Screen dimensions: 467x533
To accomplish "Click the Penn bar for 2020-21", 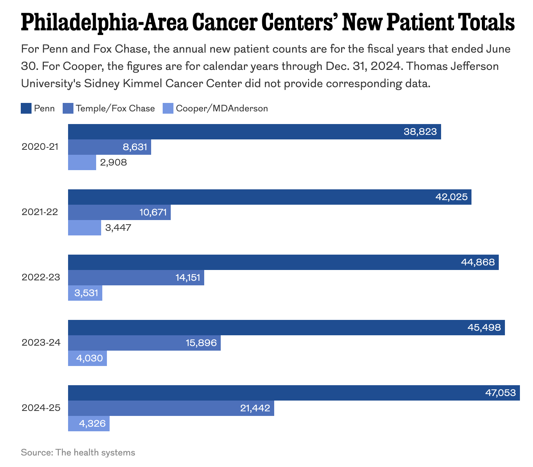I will (254, 132).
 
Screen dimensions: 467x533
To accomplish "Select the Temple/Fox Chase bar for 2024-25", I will (171, 408).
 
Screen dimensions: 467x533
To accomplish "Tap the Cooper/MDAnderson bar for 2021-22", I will (84, 228).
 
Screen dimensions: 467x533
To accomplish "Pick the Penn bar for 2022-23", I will (283, 262).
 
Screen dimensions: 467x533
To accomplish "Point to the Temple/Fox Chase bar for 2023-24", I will (144, 343).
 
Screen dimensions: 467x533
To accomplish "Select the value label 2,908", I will (113, 162).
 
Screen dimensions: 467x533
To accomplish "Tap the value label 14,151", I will (188, 278).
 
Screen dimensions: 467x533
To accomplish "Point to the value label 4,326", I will (92, 424).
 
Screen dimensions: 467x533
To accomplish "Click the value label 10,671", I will (153, 212).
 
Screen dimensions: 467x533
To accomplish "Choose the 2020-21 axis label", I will (40, 147).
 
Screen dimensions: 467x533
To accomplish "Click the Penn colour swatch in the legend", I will (26, 108).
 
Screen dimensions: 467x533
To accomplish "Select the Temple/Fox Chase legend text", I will (115, 108).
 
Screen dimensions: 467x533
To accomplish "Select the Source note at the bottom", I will (78, 452).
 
